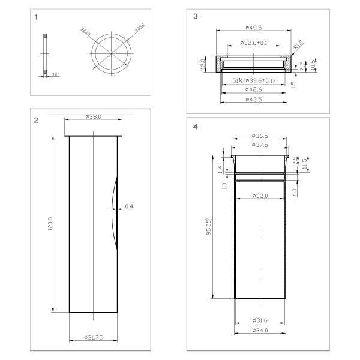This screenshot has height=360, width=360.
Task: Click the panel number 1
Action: click(x=37, y=17)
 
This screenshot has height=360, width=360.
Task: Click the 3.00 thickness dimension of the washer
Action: click(x=55, y=74)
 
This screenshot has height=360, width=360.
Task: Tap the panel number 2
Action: click(x=37, y=121)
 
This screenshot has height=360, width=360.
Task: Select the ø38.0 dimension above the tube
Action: click(x=93, y=116)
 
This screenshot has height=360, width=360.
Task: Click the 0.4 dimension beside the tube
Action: click(x=130, y=207)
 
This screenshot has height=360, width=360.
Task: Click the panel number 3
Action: click(x=196, y=17)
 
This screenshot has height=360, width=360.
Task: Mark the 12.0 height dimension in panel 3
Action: click(x=203, y=63)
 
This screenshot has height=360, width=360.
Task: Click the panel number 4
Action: click(x=196, y=127)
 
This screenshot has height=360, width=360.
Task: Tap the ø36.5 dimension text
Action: click(x=259, y=136)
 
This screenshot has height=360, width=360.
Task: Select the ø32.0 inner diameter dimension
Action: click(x=259, y=196)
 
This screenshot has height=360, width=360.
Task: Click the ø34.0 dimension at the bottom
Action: click(x=259, y=330)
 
